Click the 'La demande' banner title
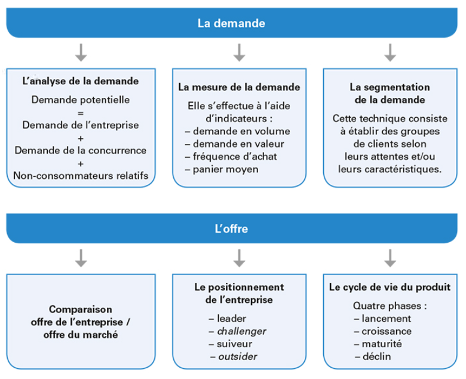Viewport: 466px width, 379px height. tap(231, 23)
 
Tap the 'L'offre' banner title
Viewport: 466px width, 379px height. tap(231, 228)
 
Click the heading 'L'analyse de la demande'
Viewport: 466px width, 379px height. tap(81, 81)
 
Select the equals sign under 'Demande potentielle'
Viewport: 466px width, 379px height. tap(81, 113)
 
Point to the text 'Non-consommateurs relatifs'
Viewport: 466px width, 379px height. tap(81, 176)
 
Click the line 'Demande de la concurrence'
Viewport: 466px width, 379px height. tap(81, 151)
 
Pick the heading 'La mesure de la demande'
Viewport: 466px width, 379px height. tap(239, 87)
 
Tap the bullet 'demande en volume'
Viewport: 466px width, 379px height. tap(238, 131)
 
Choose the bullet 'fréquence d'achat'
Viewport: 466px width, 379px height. tap(231, 157)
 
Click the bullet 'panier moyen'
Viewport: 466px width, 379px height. tap(222, 169)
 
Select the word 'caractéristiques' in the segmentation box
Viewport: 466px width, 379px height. tap(403, 169)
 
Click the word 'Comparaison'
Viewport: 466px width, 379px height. tap(81, 310)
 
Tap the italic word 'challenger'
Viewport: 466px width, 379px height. tap(241, 331)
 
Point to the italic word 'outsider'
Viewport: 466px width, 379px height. tap(238, 356)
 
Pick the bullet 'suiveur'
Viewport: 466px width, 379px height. tap(231, 344)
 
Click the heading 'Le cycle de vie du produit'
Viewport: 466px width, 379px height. tap(390, 287)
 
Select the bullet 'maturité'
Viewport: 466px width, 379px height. tap(378, 344)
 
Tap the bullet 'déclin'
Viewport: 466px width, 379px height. tap(373, 356)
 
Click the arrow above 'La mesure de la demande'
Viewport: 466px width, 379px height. tap(239, 53)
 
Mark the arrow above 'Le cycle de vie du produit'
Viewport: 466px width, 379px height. tap(390, 258)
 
